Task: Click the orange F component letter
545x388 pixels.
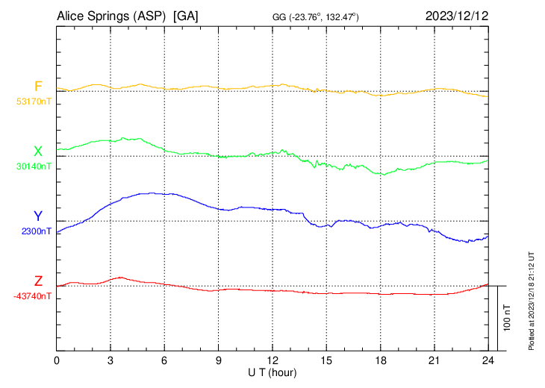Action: pyautogui.click(x=37, y=87)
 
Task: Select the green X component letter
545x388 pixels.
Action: pyautogui.click(x=37, y=151)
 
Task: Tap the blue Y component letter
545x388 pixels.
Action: pyautogui.click(x=37, y=216)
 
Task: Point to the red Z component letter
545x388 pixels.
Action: pyautogui.click(x=37, y=281)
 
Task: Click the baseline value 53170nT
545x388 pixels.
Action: pyautogui.click(x=34, y=101)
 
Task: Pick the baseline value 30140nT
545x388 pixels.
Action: pyautogui.click(x=34, y=166)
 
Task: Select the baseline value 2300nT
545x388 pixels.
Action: pyautogui.click(x=37, y=231)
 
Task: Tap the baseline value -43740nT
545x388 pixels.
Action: pyautogui.click(x=32, y=296)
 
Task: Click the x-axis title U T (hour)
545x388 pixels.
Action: pyautogui.click(x=272, y=372)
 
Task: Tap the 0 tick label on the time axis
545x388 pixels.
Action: pyautogui.click(x=57, y=360)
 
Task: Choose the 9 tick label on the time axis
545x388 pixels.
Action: pyautogui.click(x=219, y=360)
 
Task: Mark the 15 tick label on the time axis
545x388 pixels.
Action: pyautogui.click(x=326, y=360)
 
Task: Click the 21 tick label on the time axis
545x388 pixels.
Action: pyautogui.click(x=434, y=360)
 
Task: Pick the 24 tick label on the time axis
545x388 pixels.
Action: pyautogui.click(x=488, y=360)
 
